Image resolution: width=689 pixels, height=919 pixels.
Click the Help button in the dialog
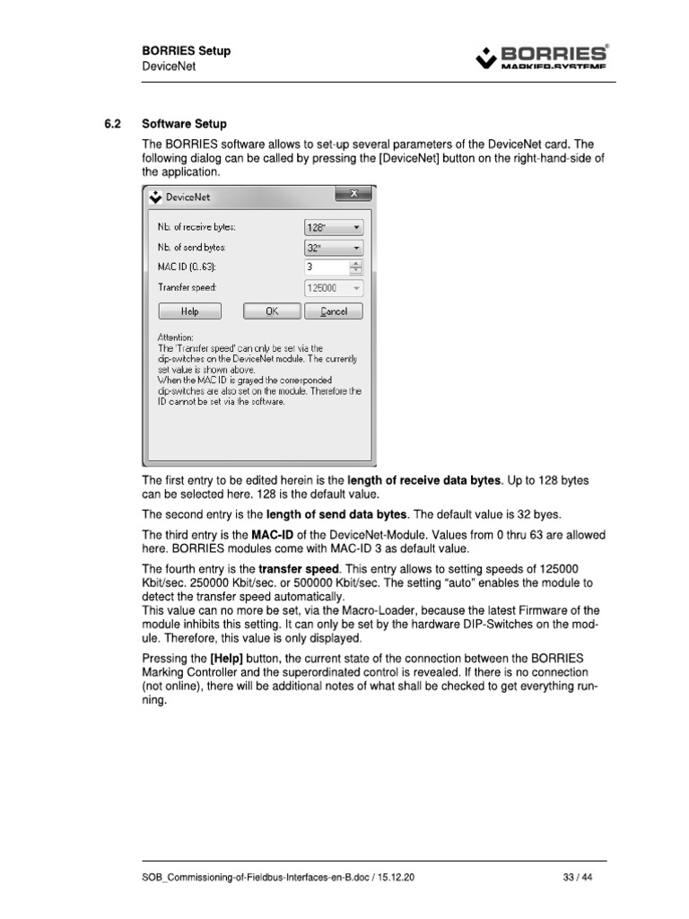click(189, 311)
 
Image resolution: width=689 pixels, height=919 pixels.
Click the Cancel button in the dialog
click(334, 311)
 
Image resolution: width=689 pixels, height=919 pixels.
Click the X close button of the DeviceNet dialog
click(353, 195)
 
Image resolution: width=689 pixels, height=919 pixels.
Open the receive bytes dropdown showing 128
click(335, 228)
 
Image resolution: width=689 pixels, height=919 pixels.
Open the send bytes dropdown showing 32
click(335, 247)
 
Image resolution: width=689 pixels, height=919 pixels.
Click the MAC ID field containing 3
click(326, 267)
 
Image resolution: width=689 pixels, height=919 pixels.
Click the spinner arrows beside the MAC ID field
click(356, 267)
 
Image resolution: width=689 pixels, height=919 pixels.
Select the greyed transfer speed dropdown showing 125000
click(335, 288)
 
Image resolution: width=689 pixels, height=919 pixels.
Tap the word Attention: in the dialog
click(176, 337)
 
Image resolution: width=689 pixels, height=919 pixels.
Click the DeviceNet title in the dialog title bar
click(188, 197)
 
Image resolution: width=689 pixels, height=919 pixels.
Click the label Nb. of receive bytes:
click(196, 228)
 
